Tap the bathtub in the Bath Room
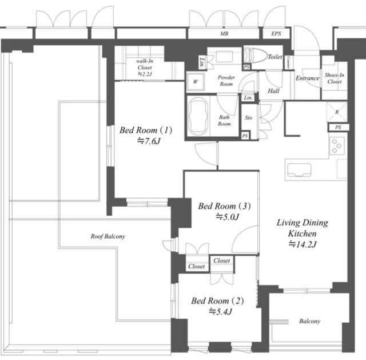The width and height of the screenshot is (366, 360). pos(198,116)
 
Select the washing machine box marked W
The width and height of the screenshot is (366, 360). pos(196,82)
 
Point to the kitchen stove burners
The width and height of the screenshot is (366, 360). pos(337,146)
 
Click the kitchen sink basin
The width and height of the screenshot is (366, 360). pos(299,170)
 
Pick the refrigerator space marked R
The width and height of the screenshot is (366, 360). pos(337,112)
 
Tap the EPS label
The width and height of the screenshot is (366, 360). pos(276,34)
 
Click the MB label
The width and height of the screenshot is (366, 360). pos(224,34)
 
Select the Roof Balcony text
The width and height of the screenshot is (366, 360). pos(108,236)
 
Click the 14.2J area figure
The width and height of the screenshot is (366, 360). pos(303,244)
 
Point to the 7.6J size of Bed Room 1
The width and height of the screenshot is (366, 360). pos(149,141)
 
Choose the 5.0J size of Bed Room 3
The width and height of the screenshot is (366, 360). pos(228,217)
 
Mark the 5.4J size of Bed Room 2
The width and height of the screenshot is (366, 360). pos(221,312)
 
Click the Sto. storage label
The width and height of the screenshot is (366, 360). pos(249,118)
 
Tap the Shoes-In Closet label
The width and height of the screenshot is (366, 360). pos(335,78)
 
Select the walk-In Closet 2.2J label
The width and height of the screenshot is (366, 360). pos(145,68)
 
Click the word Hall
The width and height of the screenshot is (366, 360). pos(273,91)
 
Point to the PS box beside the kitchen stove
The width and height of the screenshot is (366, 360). pos(338,127)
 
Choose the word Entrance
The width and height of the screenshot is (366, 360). pos(308,78)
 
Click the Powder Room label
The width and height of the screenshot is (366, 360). pos(226,81)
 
